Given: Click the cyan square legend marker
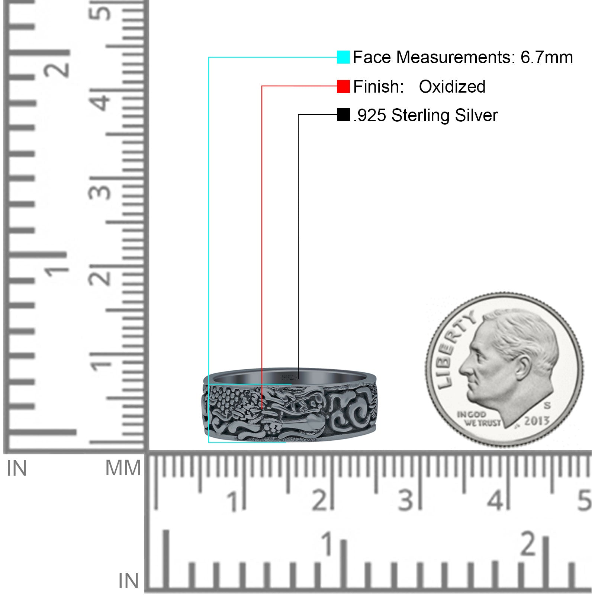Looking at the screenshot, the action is click(x=343, y=57).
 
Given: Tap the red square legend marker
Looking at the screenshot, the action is click(x=343, y=86).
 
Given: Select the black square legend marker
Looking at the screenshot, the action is click(x=343, y=115).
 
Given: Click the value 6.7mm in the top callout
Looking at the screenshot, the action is click(x=547, y=57).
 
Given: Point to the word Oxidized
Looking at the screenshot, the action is click(x=452, y=87).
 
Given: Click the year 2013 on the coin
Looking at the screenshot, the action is click(x=537, y=421).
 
